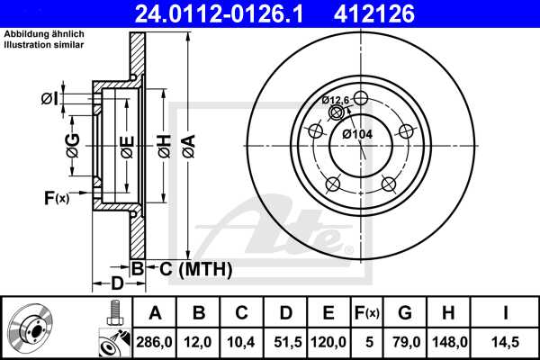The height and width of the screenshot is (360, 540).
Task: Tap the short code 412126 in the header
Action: coord(401,13)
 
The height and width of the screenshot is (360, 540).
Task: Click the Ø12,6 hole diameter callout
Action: coord(336,100)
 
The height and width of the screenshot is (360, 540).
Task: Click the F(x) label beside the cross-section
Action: coord(56,197)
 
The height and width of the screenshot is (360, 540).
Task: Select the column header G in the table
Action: coord(405,312)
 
